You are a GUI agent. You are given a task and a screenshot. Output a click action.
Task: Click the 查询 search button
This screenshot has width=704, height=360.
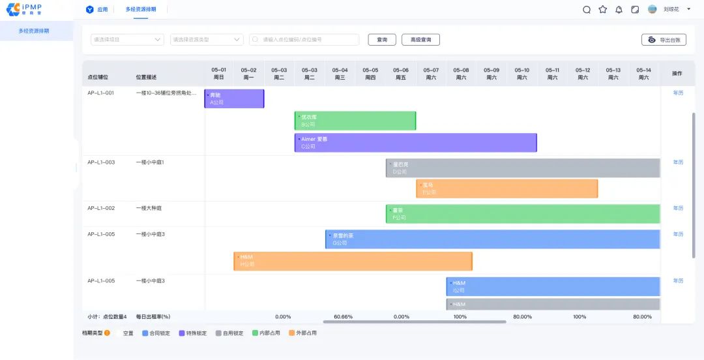click(x=382, y=40)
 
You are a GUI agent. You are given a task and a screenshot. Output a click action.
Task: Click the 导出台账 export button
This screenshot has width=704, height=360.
click(x=664, y=40)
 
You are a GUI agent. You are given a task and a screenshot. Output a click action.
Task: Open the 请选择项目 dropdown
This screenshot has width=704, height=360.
click(x=127, y=40)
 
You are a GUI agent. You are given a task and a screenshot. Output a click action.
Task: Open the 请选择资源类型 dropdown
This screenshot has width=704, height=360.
click(x=206, y=40)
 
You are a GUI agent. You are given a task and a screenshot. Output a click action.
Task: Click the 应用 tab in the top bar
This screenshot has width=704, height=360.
click(x=97, y=10)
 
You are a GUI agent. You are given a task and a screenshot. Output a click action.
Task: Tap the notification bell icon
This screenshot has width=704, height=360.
click(x=619, y=10)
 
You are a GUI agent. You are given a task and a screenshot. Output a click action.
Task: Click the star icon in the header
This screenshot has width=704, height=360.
click(x=603, y=10)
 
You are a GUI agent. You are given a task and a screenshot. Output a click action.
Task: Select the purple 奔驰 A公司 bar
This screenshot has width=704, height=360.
click(x=234, y=98)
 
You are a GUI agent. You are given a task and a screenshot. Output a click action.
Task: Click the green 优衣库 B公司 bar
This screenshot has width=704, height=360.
click(x=355, y=121)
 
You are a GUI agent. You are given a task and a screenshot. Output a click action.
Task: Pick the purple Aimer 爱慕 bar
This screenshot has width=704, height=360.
click(x=415, y=143)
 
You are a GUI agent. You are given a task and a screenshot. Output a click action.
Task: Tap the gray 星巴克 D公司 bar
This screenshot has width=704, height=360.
click(x=522, y=168)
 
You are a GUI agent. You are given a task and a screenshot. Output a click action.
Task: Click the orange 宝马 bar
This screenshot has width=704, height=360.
click(x=506, y=188)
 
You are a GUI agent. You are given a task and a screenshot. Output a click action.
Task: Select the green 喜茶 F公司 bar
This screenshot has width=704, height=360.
click(x=522, y=214)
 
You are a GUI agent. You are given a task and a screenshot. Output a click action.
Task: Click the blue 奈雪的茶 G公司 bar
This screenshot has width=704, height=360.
click(x=492, y=239)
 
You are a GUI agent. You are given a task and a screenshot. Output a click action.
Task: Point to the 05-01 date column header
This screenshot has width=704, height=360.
click(x=219, y=73)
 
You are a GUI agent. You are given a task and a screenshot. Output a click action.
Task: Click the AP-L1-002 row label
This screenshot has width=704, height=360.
click(x=101, y=208)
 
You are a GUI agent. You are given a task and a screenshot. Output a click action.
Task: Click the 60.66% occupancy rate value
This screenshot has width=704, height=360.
click(x=343, y=317)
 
